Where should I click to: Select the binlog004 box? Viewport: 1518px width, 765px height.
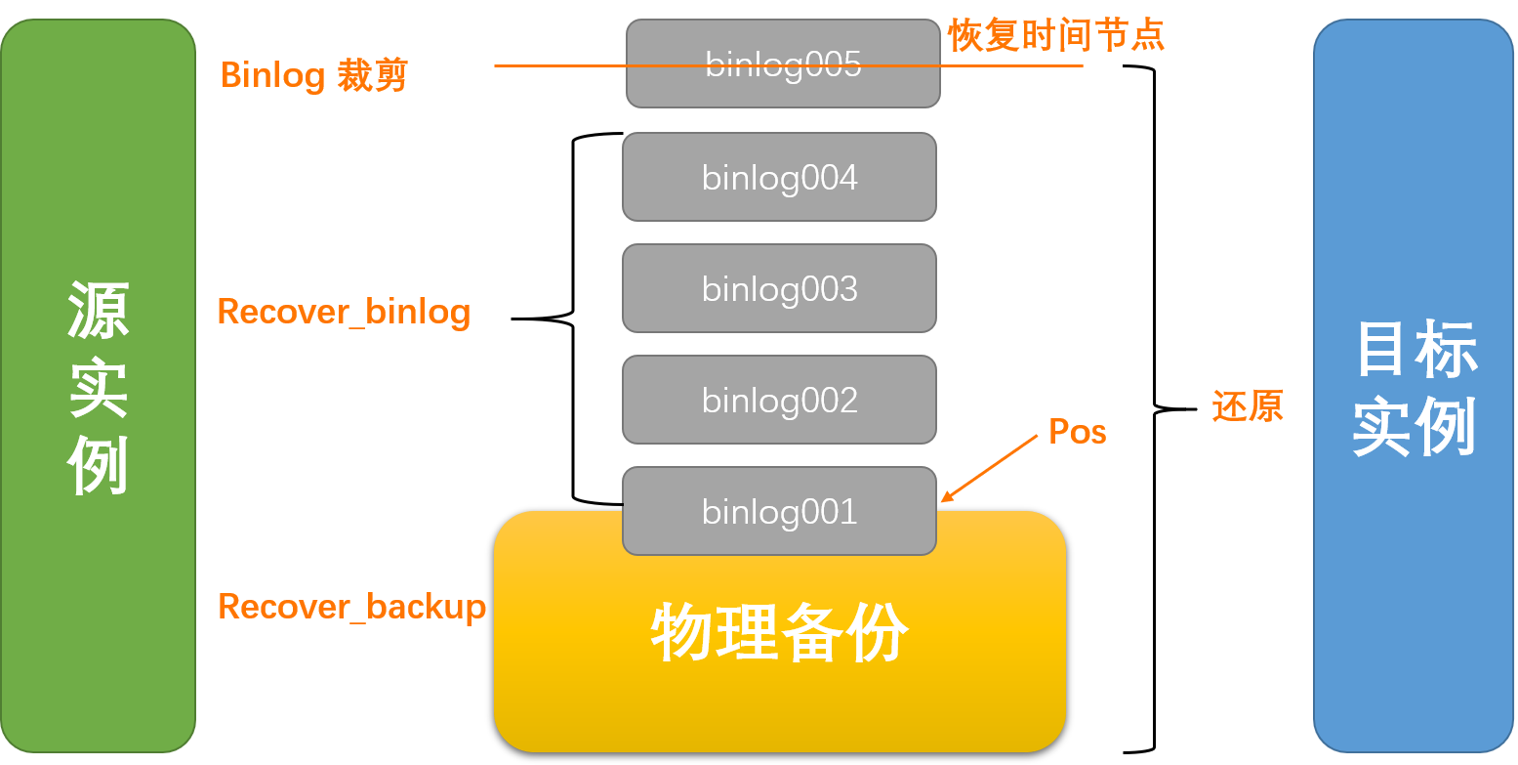coord(779,178)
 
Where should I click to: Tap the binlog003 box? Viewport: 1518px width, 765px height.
coord(779,289)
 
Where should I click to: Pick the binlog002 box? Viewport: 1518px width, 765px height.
coord(779,401)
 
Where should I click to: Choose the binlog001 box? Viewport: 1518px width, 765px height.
coord(779,511)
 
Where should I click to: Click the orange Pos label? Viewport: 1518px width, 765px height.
coord(1077,432)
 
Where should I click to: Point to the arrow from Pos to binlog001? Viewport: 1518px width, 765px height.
coord(989,469)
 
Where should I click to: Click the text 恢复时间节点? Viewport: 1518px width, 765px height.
coord(1056,36)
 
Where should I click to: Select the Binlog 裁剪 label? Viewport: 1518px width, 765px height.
coord(313,75)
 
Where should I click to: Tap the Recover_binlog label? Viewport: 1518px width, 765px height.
coord(344,312)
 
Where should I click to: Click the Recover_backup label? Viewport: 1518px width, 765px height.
coord(351,607)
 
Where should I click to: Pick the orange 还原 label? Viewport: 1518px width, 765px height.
coord(1247,406)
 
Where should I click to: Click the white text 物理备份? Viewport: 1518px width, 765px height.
coord(779,633)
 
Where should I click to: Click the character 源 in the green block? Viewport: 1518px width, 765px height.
coord(98,311)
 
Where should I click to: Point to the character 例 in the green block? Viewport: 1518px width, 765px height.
coord(98,467)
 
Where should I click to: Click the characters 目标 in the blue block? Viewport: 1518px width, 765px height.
coord(1415,349)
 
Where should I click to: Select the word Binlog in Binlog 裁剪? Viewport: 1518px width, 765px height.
coord(272,75)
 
